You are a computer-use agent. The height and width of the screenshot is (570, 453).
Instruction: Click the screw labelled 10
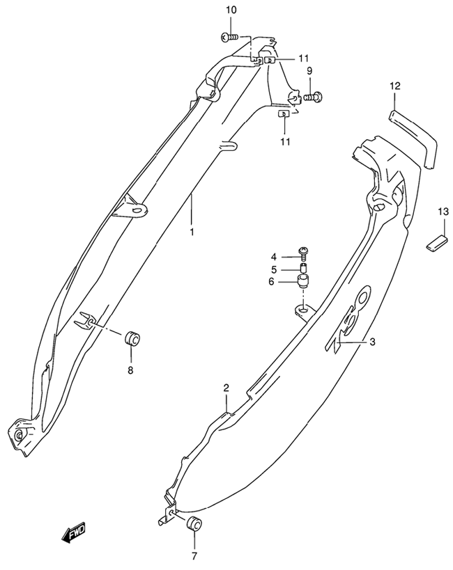click(229, 37)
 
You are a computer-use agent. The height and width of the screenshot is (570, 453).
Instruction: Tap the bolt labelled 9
click(314, 97)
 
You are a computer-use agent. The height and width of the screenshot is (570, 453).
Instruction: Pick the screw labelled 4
click(303, 252)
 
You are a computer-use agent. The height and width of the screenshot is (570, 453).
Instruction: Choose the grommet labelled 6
click(304, 281)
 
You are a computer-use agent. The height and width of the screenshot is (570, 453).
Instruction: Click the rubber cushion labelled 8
click(132, 339)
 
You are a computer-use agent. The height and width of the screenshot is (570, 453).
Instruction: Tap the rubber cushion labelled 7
click(194, 523)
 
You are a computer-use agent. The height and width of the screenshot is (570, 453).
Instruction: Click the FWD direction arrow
click(73, 532)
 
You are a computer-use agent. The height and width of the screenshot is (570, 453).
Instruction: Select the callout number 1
click(192, 232)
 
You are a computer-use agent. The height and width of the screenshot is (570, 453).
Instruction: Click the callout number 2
click(226, 388)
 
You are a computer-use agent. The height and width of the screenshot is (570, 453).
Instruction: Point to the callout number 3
click(372, 342)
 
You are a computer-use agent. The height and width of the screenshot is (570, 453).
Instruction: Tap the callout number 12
click(394, 86)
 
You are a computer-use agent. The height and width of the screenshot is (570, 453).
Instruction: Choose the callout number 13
click(443, 212)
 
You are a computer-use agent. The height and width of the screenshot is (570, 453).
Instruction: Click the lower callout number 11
click(286, 141)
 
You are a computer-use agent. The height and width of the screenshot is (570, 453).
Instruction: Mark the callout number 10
click(231, 10)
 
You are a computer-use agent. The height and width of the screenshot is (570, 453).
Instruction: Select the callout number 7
click(194, 556)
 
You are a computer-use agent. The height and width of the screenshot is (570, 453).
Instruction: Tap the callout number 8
click(130, 370)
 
